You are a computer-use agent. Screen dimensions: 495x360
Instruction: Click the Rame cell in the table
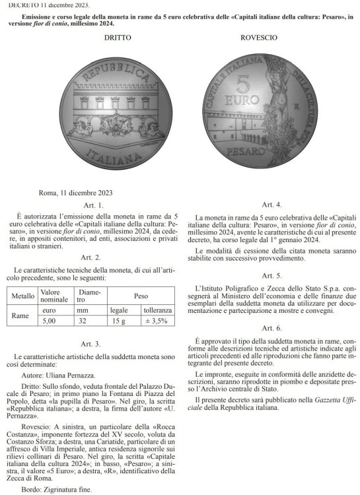[23, 315]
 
